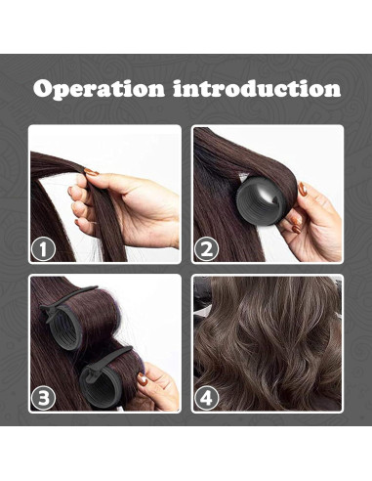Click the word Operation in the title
click(x=99, y=89)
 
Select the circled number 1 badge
click(x=43, y=250)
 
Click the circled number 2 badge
click(x=206, y=250)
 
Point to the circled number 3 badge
click(x=43, y=398)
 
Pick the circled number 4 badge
click(x=206, y=398)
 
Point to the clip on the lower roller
click(x=105, y=362)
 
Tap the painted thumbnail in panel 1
click(x=92, y=172)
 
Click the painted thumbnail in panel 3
click(x=143, y=379)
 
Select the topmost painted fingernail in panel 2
click(x=303, y=189)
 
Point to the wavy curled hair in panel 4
click(x=268, y=343)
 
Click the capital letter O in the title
click(x=44, y=89)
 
